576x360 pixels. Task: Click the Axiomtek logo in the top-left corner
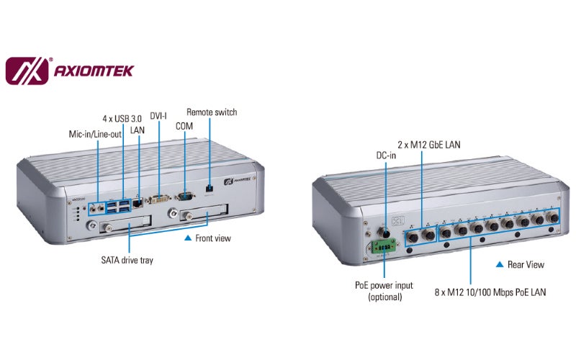pos(69,71)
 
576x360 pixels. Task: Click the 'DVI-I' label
pos(159,116)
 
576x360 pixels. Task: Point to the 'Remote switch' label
pos(212,112)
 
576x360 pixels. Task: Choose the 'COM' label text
pos(184,126)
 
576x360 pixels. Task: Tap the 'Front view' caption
pos(213,238)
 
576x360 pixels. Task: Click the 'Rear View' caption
pos(526,265)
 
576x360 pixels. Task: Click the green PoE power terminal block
pos(382,248)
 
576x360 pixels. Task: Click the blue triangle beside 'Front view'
pos(188,238)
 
